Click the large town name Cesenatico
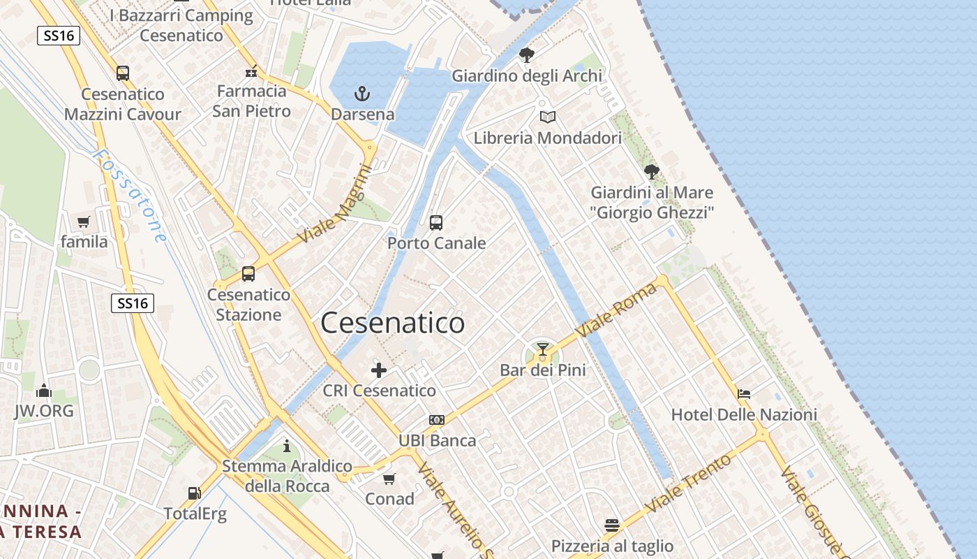(392, 323)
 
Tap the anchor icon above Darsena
(361, 93)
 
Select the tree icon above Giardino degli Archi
(527, 55)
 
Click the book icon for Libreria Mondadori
(548, 117)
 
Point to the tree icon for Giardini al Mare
(652, 171)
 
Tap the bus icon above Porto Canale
(436, 223)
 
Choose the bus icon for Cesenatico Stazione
(248, 274)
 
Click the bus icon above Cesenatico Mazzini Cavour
(123, 73)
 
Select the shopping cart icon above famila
(84, 222)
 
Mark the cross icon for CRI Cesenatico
(379, 370)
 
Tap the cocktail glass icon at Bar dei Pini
(543, 349)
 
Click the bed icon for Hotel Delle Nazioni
(744, 394)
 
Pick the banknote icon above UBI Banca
(437, 420)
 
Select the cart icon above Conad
(389, 479)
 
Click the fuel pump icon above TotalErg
(195, 493)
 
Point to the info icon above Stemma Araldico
(287, 446)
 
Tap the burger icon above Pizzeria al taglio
(612, 525)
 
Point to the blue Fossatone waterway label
(130, 196)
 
